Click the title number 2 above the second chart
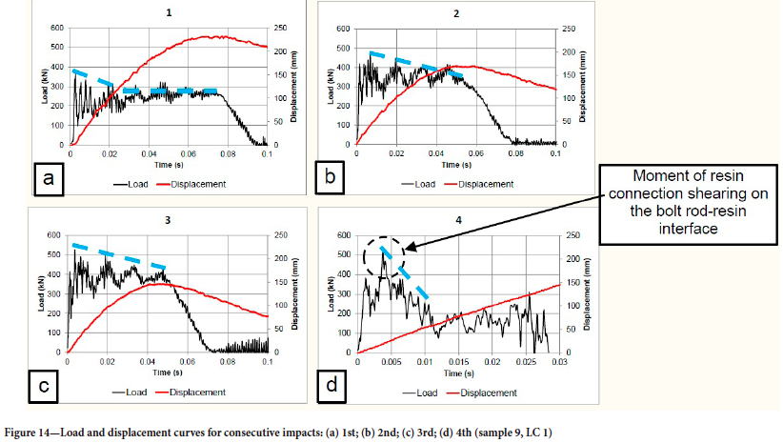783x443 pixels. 456,14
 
